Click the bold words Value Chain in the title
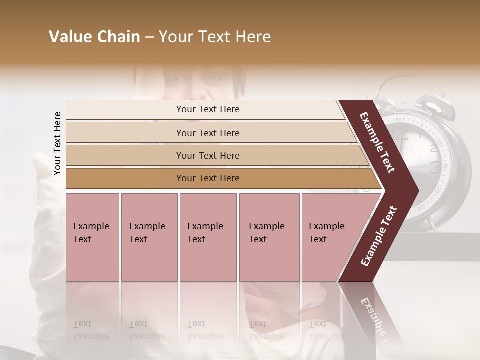[94, 37]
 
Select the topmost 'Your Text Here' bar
[207, 109]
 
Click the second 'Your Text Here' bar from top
[207, 133]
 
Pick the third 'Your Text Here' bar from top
[207, 155]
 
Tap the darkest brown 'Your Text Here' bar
[207, 178]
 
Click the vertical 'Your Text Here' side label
[57, 144]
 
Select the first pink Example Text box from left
[92, 237]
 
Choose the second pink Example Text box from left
[149, 237]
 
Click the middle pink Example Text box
[208, 237]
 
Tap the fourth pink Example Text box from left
[269, 237]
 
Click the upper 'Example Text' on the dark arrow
[378, 142]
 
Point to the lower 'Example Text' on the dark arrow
[379, 236]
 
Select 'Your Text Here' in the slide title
[215, 37]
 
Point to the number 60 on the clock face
[398, 120]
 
